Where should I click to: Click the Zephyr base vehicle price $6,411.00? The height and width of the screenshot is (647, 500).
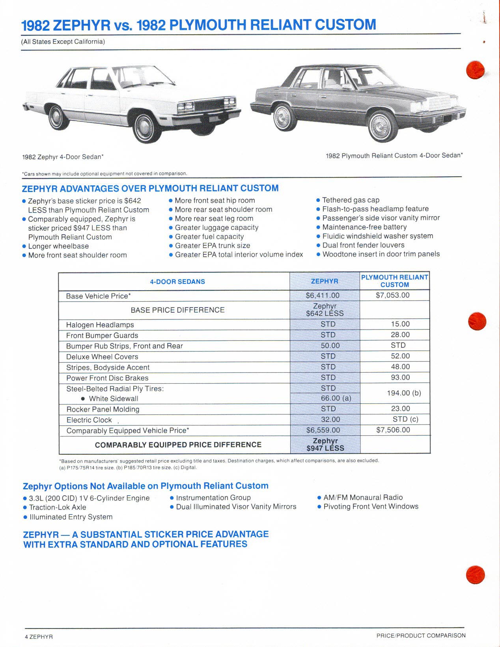(323, 295)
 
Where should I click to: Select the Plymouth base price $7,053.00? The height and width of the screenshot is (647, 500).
(392, 295)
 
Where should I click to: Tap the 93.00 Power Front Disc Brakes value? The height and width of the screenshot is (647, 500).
(400, 377)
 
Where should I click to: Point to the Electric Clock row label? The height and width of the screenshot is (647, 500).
(89, 420)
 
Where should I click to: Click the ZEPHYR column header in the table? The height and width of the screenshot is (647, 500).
(325, 281)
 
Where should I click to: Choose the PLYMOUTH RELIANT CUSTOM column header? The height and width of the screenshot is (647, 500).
(394, 281)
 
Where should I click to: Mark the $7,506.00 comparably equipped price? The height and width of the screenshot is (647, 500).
(393, 430)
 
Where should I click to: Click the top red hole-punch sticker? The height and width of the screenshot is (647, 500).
(474, 70)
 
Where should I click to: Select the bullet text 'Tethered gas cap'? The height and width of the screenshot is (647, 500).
(351, 200)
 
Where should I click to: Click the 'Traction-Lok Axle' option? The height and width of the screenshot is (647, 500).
(58, 507)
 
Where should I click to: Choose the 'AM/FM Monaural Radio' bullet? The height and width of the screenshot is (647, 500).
(363, 498)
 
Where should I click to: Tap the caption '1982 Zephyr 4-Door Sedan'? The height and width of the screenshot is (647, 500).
(63, 157)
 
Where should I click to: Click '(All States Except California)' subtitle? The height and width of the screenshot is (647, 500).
(63, 41)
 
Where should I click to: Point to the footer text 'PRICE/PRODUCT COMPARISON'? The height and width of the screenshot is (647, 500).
(421, 636)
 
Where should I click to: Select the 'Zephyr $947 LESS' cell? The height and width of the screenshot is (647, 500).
(325, 444)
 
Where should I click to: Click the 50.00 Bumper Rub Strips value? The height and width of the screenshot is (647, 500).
(330, 345)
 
